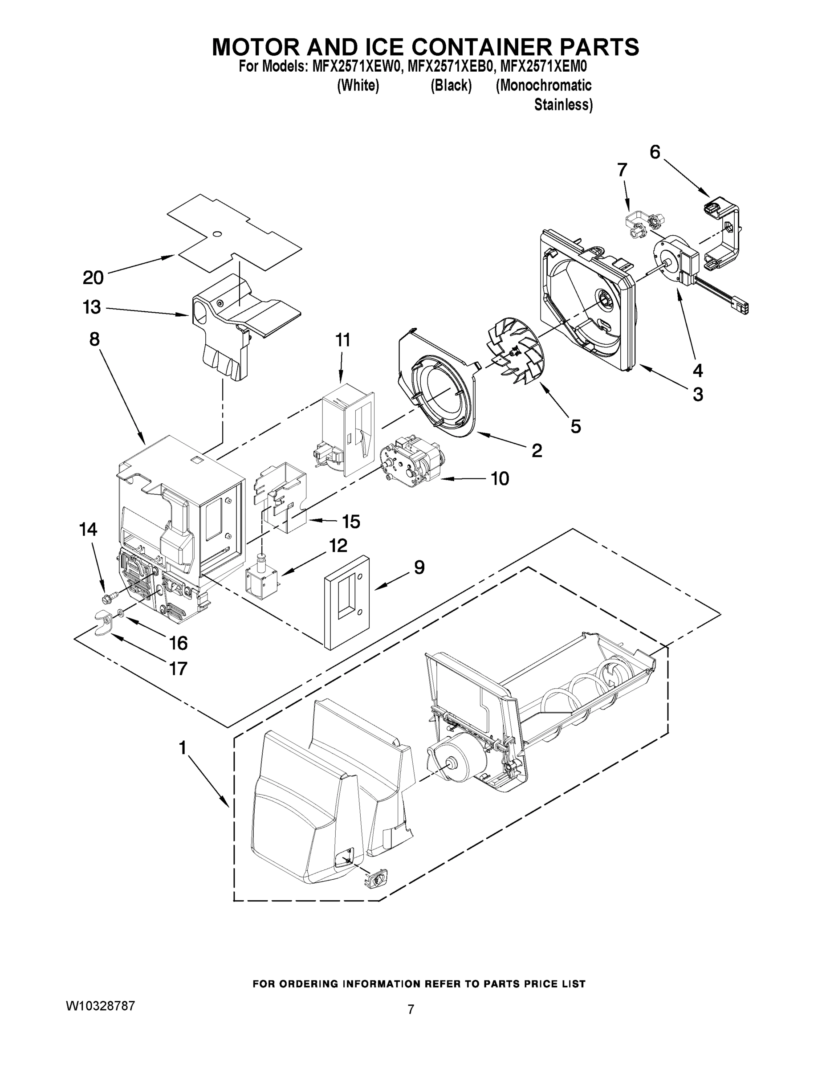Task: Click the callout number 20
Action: point(93,277)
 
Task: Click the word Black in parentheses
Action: point(451,85)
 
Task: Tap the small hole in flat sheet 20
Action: point(217,233)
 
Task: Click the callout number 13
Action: point(92,307)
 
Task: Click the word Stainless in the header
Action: point(563,105)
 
